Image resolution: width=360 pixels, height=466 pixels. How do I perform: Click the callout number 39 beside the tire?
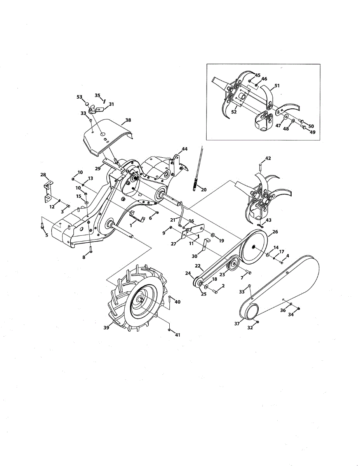click(x=106, y=328)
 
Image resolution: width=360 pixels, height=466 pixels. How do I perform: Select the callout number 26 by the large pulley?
click(x=275, y=232)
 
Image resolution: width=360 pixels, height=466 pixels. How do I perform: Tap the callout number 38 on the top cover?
click(x=128, y=120)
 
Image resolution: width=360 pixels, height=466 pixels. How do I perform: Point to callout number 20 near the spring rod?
click(x=204, y=190)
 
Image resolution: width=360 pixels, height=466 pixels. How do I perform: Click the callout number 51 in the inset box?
click(x=277, y=85)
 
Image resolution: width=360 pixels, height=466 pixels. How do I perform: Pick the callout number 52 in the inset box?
click(x=234, y=112)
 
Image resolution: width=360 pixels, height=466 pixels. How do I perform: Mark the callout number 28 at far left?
click(x=43, y=175)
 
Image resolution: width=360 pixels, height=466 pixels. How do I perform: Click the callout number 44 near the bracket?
click(x=184, y=149)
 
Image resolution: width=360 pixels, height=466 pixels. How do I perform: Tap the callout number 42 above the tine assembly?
click(x=268, y=158)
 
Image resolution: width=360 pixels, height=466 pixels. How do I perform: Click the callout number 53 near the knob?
click(x=80, y=97)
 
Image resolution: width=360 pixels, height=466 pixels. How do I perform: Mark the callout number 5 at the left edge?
click(x=47, y=235)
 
